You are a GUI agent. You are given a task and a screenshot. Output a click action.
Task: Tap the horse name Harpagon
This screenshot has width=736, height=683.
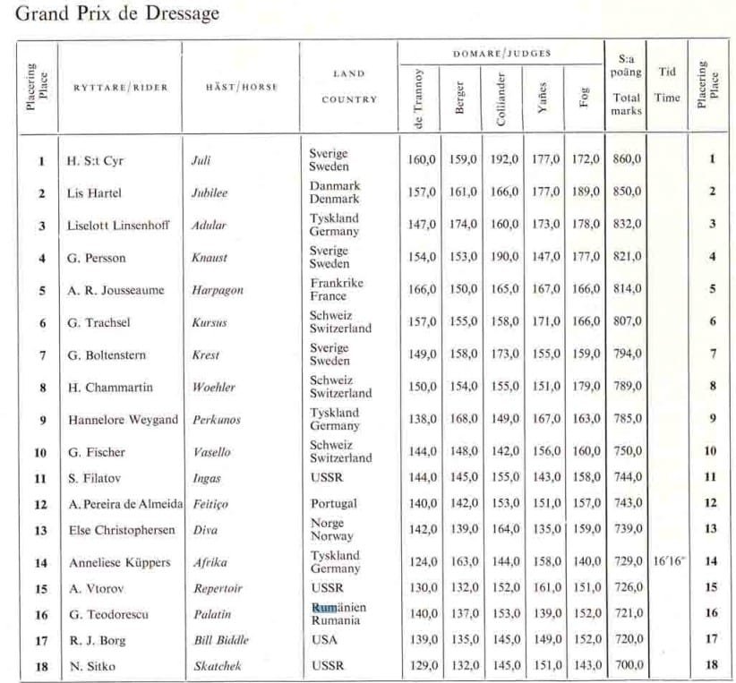click(x=217, y=290)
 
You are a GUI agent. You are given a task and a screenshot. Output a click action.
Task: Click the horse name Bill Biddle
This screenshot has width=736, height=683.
click(x=221, y=640)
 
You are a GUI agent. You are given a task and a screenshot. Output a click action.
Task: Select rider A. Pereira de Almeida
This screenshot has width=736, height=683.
click(x=125, y=504)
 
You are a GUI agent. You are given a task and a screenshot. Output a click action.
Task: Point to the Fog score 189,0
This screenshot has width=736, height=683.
click(x=586, y=192)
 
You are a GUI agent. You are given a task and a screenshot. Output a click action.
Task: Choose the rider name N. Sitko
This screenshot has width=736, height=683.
click(x=90, y=666)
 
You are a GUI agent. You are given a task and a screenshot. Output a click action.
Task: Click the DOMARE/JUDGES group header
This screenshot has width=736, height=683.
click(x=501, y=54)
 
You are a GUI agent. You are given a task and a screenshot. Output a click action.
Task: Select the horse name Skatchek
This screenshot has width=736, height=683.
click(x=218, y=666)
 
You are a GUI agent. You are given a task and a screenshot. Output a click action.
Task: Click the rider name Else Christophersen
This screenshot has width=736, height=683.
click(x=122, y=530)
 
